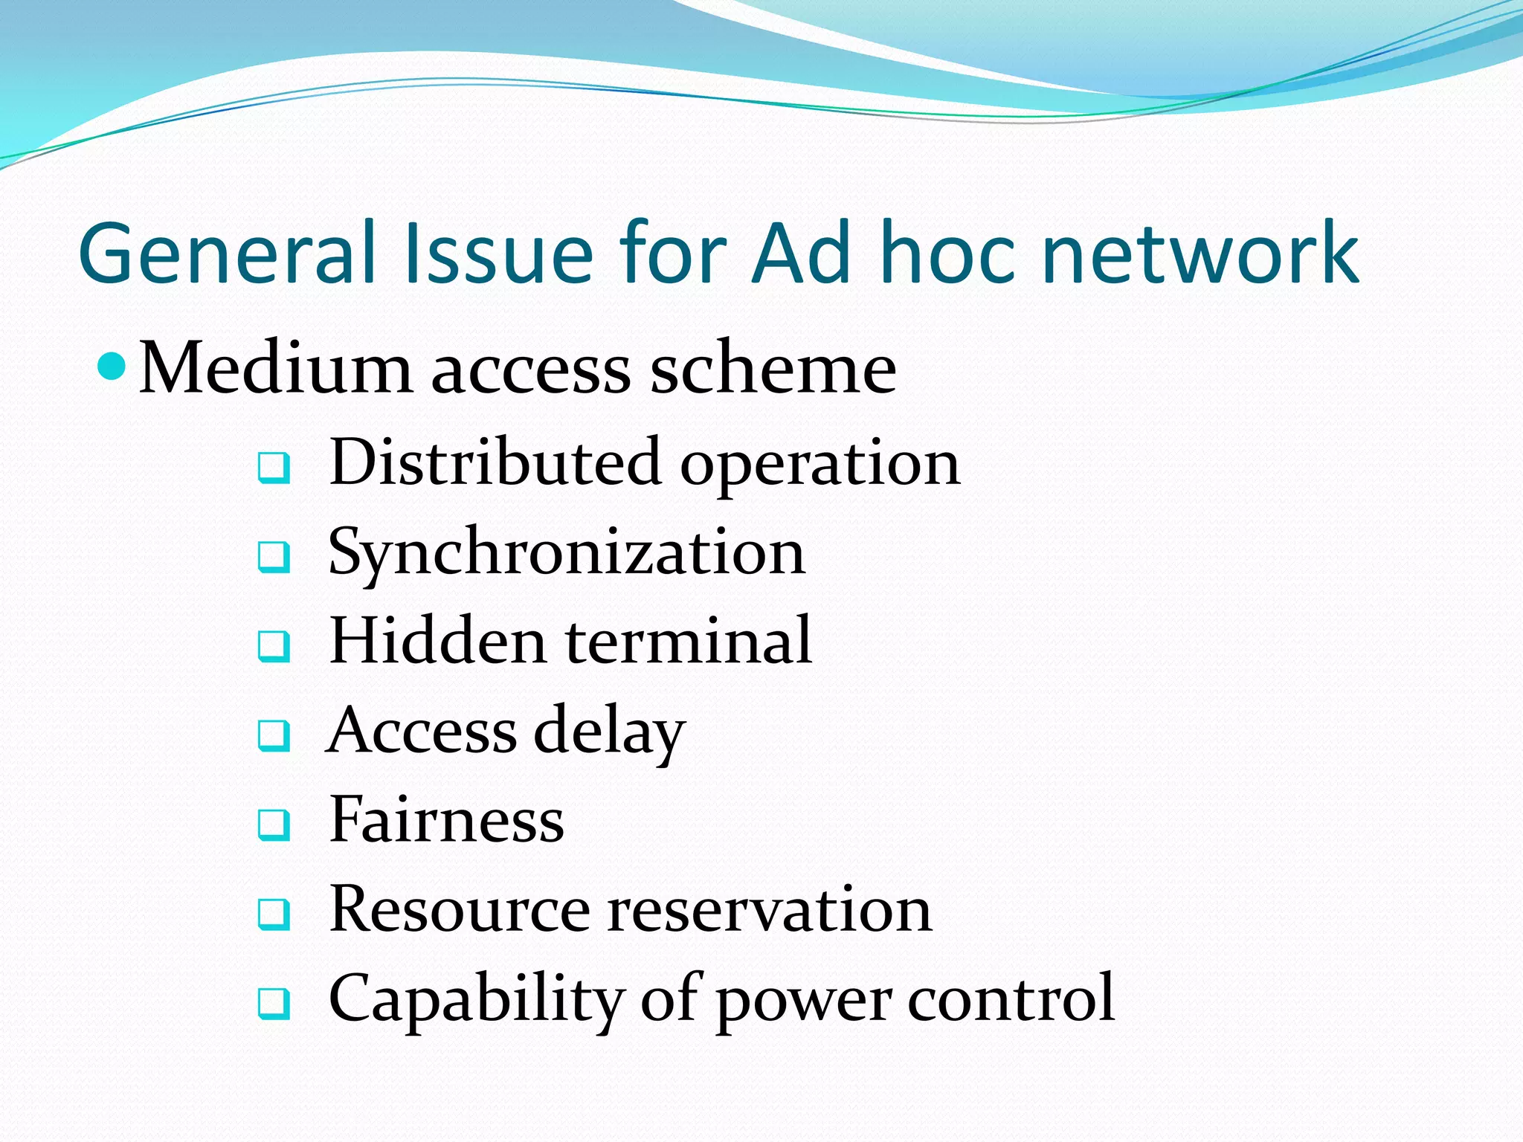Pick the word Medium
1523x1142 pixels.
pyautogui.click(x=275, y=368)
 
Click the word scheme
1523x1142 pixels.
pyautogui.click(x=773, y=368)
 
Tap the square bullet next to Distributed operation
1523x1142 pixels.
pyautogui.click(x=274, y=468)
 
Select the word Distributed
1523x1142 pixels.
pyautogui.click(x=495, y=462)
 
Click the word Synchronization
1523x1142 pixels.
pyautogui.click(x=567, y=554)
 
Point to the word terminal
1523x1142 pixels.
pyautogui.click(x=688, y=641)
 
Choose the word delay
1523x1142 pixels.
pyautogui.click(x=610, y=732)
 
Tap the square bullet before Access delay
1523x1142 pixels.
pyautogui.click(x=274, y=735)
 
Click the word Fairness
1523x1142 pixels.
pyautogui.click(x=447, y=819)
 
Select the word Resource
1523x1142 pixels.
pyautogui.click(x=460, y=909)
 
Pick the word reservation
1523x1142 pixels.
pyautogui.click(x=769, y=909)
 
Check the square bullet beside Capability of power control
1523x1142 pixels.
pyautogui.click(x=274, y=1003)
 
